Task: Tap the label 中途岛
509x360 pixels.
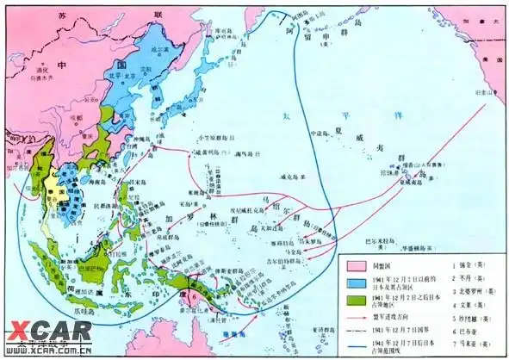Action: (x=320, y=133)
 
